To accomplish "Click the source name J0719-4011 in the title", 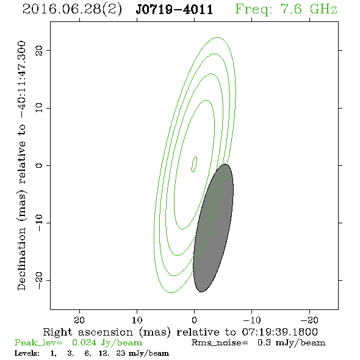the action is click(175, 9).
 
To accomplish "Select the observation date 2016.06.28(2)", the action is click(72, 9).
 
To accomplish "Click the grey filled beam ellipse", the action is click(214, 228).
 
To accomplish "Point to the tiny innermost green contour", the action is click(194, 164).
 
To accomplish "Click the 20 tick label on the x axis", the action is click(79, 320).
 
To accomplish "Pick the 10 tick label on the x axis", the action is click(137, 320).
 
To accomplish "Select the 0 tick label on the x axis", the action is click(194, 320).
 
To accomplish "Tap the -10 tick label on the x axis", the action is click(252, 320).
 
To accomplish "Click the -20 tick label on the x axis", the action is click(309, 320).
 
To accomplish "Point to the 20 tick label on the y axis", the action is click(39, 50).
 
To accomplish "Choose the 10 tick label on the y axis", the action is click(39, 108).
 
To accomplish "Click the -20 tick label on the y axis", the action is click(39, 281).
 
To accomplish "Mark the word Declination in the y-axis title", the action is click(21, 259).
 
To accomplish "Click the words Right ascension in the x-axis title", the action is click(88, 332).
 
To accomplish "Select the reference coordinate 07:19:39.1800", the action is click(279, 332).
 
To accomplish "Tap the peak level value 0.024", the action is click(84, 343).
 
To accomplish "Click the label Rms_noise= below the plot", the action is click(220, 343).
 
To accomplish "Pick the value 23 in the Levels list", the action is click(121, 353).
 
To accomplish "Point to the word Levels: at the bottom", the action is click(27, 353).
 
